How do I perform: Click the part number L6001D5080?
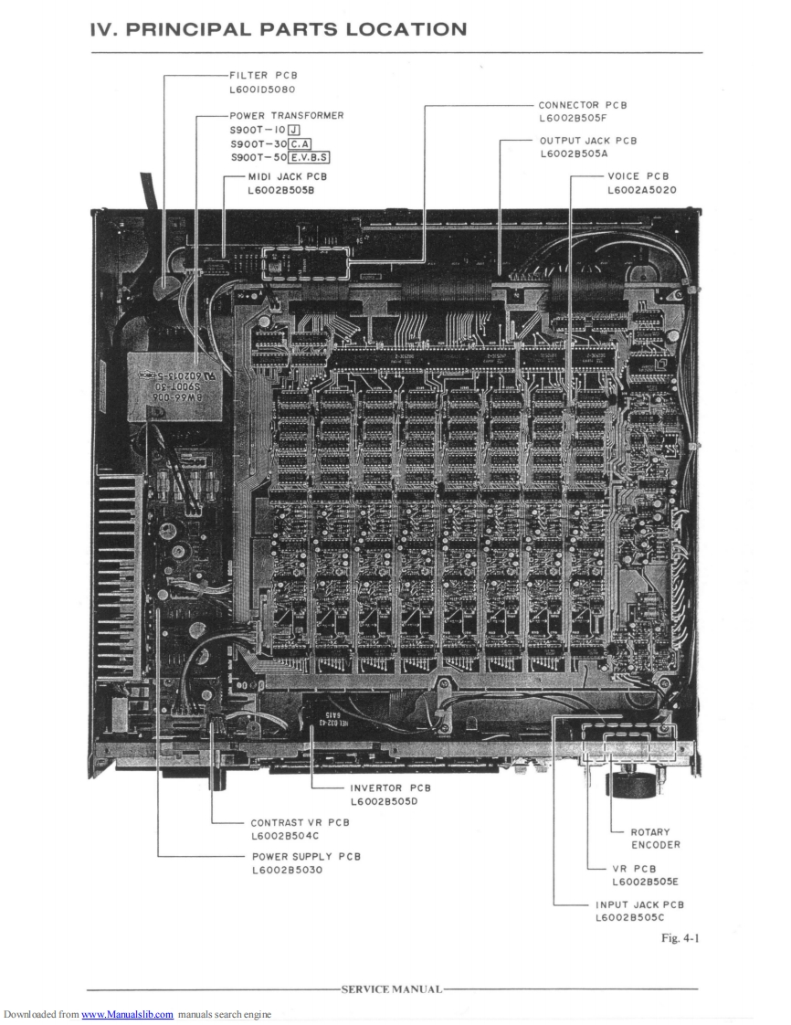point(264,90)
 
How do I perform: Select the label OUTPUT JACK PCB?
point(588,141)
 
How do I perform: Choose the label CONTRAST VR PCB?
point(300,822)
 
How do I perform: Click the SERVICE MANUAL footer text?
point(391,989)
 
